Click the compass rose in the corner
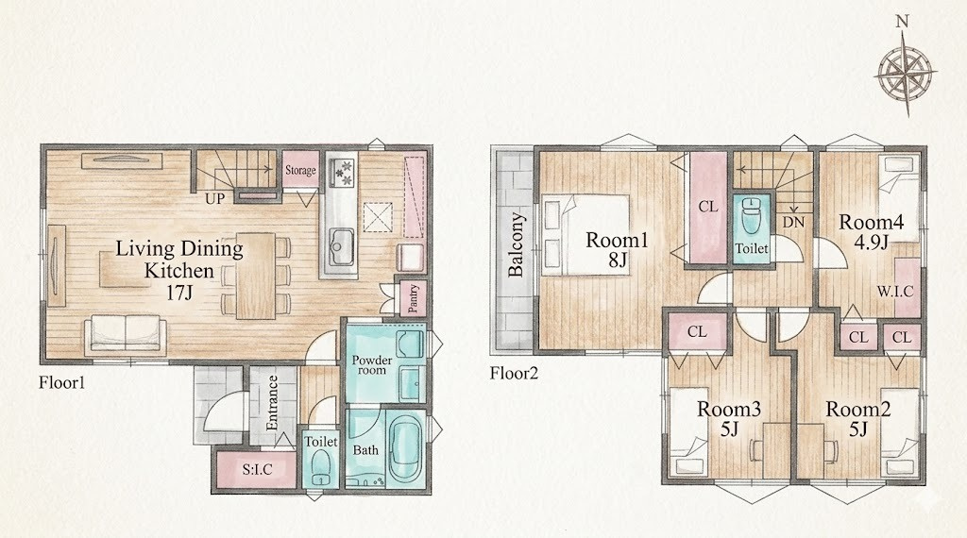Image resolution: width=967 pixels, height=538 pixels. pyautogui.click(x=904, y=73)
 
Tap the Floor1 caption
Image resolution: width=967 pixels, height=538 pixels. pyautogui.click(x=61, y=382)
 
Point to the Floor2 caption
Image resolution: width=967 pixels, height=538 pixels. pyautogui.click(x=514, y=373)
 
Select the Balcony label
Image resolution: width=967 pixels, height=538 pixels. pyautogui.click(x=516, y=244)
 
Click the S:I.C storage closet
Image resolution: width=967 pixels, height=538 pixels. pyautogui.click(x=257, y=470)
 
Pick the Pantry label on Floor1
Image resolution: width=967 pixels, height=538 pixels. pyautogui.click(x=414, y=299)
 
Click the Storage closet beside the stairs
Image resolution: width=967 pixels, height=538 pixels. pyautogui.click(x=300, y=170)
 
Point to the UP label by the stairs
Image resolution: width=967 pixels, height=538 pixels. pyautogui.click(x=215, y=198)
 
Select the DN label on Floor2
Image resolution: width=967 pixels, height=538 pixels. pyautogui.click(x=794, y=222)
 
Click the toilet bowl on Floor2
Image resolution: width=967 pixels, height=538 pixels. pyautogui.click(x=752, y=216)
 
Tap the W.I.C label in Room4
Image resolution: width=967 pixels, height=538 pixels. pyautogui.click(x=895, y=292)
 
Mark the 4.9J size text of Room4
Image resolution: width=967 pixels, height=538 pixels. pyautogui.click(x=871, y=243)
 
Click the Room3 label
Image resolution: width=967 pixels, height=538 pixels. pyautogui.click(x=729, y=409)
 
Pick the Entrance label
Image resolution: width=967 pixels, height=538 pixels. pyautogui.click(x=272, y=403)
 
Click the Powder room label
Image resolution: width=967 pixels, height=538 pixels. pyautogui.click(x=372, y=365)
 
